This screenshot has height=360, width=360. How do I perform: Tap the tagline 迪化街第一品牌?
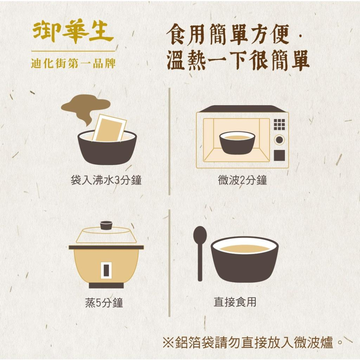[x=73, y=64]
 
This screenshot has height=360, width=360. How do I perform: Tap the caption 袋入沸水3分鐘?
[x=106, y=180]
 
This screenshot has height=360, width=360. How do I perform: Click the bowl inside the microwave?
[x=237, y=143]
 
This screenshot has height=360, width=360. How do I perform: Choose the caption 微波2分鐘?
[x=243, y=180]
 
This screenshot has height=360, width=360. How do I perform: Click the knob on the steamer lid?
[x=106, y=225]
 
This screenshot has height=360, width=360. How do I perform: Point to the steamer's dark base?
[x=106, y=285]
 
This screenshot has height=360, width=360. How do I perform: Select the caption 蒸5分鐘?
[x=104, y=303]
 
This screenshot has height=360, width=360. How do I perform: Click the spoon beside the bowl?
[x=200, y=252]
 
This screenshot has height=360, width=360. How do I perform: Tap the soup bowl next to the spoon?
[x=244, y=259]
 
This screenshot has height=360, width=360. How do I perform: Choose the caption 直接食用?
[x=235, y=302]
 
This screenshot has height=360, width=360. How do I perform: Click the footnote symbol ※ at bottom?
[x=168, y=342]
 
